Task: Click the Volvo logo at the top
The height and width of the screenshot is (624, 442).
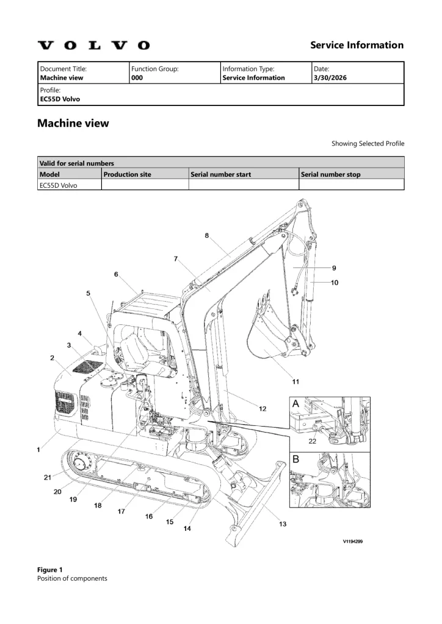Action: [93, 45]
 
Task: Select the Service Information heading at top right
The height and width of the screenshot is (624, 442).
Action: [357, 45]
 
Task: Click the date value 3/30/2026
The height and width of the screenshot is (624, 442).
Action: [330, 77]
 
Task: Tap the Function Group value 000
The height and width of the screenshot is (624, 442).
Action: [137, 77]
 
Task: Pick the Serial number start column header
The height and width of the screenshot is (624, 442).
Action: [220, 174]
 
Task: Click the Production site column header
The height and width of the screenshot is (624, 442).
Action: [127, 174]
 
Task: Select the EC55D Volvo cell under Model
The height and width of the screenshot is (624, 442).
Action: [58, 185]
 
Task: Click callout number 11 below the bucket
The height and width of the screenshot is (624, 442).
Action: [295, 381]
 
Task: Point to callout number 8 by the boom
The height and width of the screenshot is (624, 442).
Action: [207, 235]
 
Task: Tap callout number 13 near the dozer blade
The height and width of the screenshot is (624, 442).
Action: [283, 523]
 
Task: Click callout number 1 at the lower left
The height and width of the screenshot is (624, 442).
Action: [38, 450]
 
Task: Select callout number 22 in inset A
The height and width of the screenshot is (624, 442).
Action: [312, 441]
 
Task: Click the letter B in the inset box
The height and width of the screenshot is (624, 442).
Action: [295, 459]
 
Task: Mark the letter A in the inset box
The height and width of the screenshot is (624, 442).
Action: [295, 403]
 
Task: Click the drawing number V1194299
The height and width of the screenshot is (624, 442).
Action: [353, 541]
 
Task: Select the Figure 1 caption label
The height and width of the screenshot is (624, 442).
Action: [50, 570]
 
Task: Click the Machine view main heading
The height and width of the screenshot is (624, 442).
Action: [73, 123]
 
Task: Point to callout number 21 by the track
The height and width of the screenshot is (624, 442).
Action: [48, 477]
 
